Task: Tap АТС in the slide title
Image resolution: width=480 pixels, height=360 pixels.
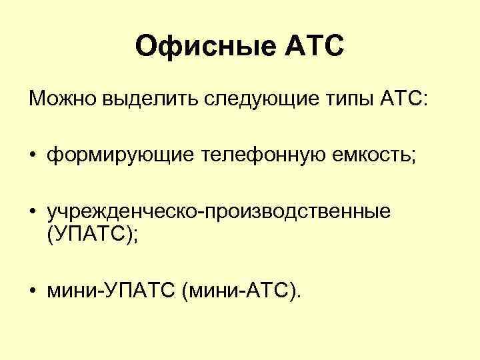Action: [315, 47]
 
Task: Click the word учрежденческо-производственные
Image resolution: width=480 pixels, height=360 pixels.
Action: [219, 212]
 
